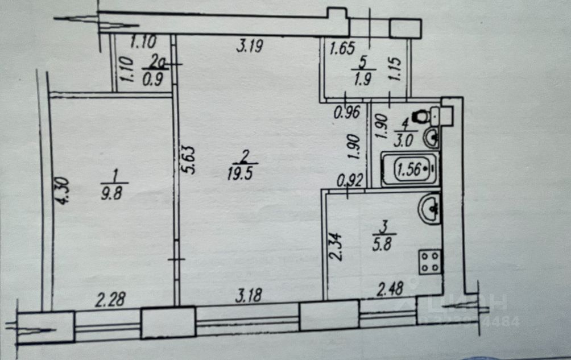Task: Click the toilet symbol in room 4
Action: tap(421, 115)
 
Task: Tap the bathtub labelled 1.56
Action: tap(409, 169)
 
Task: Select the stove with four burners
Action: tap(430, 262)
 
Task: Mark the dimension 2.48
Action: tap(390, 289)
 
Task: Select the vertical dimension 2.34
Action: tap(336, 245)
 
